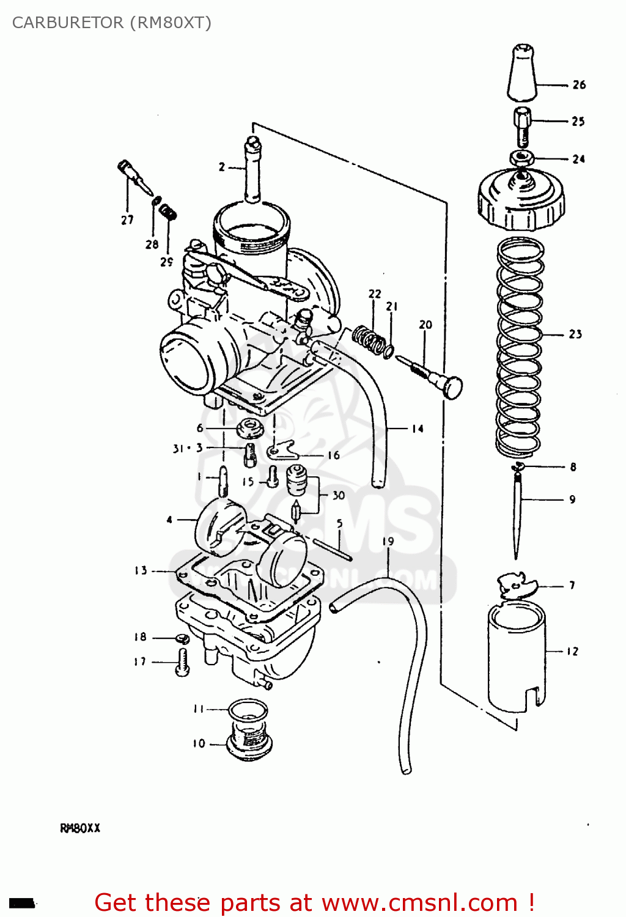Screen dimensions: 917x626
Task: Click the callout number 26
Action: click(579, 85)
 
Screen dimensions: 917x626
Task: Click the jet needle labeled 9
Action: click(517, 514)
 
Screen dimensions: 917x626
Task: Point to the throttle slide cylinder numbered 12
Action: click(517, 657)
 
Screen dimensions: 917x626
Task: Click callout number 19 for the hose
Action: click(388, 542)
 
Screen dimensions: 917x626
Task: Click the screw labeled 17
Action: click(183, 662)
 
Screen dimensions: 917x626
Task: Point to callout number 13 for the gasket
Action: click(141, 570)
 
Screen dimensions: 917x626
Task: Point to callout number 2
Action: click(222, 167)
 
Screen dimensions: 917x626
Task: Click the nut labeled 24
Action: click(520, 158)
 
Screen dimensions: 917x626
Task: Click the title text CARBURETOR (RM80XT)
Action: click(111, 23)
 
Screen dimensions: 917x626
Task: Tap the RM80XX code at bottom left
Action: click(80, 828)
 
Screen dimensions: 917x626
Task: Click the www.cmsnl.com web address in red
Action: click(419, 902)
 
